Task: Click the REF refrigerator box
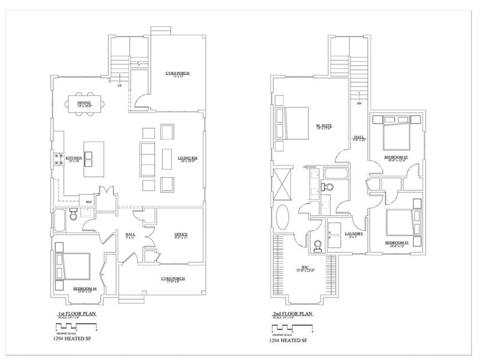tap(88, 202)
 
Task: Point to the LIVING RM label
tap(187, 158)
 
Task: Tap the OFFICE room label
tap(181, 234)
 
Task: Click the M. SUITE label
tap(324, 126)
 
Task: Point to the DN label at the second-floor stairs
tap(359, 104)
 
